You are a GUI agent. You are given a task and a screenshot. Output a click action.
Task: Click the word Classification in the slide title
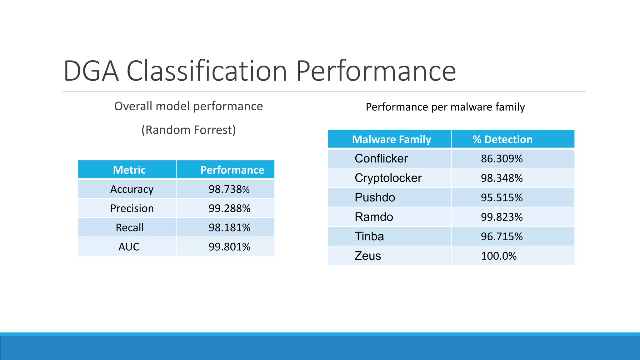coord(207,71)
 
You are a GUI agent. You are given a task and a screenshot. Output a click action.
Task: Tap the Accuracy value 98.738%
coord(229,189)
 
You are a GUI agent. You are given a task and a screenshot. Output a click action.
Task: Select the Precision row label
coord(132,208)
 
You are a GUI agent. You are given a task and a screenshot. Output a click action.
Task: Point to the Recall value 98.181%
coord(229,228)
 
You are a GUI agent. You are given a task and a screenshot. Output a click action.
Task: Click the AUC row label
coord(129,247)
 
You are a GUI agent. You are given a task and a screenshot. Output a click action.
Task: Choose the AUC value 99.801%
coord(229,247)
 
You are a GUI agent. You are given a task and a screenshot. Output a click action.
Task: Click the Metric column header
coord(129,170)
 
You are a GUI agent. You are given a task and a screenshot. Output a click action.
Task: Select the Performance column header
coord(232,170)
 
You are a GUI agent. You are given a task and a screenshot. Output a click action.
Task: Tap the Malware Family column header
coord(391,139)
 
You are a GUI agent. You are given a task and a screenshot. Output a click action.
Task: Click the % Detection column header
coord(502,139)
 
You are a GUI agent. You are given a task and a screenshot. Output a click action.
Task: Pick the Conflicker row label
coord(381,159)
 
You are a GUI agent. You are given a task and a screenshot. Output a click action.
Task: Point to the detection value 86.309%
coord(502,159)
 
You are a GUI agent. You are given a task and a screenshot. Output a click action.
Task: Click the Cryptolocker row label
coord(388,178)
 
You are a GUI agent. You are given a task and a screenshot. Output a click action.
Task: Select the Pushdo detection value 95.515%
coord(502,197)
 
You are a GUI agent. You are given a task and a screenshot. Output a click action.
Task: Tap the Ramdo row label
coord(374,217)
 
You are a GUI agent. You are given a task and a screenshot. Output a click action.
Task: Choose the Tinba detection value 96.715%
coord(502,237)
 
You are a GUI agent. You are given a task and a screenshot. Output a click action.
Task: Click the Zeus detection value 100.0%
coord(498,256)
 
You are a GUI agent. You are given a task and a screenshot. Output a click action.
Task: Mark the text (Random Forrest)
coord(188,130)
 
